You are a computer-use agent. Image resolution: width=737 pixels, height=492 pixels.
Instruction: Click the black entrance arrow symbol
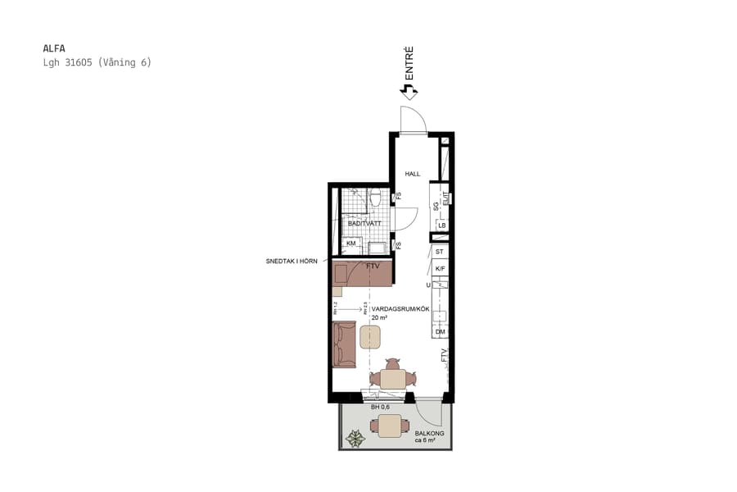pos(408,91)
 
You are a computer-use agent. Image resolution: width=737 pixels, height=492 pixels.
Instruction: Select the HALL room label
pos(412,174)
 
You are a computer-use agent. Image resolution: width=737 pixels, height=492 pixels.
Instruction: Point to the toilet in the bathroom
pos(375,198)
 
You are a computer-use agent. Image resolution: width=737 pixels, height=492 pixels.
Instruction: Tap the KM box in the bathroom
pos(351,244)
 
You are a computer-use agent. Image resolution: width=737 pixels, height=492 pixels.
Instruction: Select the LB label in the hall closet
pos(441,225)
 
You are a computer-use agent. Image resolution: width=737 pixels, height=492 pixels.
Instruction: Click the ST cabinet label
pos(440,252)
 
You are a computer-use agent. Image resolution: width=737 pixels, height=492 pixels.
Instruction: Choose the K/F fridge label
pos(440,269)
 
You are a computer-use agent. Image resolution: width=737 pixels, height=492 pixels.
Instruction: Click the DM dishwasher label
pos(440,331)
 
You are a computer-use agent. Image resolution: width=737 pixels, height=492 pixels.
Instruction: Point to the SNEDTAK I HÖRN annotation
pos(291,261)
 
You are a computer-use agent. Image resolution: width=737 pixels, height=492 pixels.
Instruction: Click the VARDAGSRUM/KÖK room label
pos(400,308)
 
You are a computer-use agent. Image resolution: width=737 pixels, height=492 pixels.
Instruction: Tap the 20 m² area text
pos(379,317)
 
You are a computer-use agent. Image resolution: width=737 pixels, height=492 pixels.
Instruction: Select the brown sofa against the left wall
pos(344,344)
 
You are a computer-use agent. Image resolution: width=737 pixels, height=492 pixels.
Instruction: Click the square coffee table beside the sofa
pos(370,336)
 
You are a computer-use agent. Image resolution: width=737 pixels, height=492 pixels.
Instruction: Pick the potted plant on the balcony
pos(355,438)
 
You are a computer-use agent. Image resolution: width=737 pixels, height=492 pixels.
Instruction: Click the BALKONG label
pos(428,433)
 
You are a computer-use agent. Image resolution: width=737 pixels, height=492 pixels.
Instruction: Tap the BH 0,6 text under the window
pos(380,407)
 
